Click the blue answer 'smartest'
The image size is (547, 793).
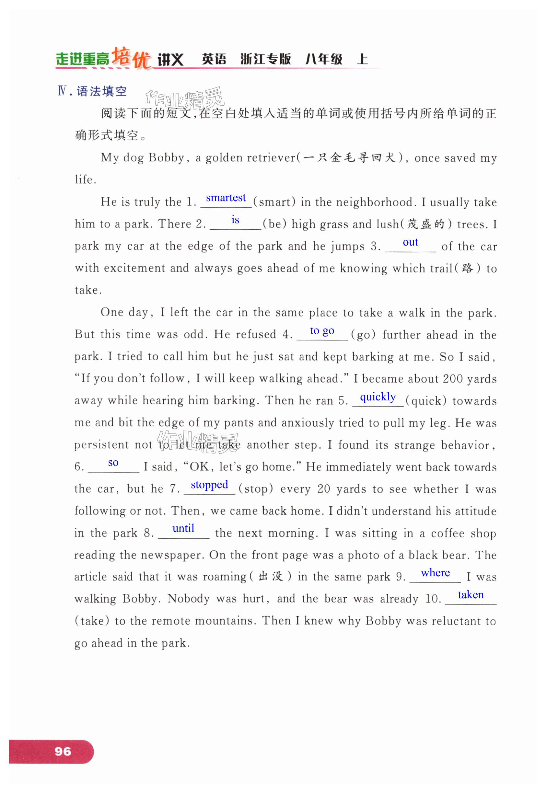click(226, 198)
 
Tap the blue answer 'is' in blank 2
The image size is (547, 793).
click(235, 220)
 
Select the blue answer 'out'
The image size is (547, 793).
click(410, 242)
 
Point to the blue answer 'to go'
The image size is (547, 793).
click(322, 330)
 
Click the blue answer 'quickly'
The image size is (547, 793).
click(378, 397)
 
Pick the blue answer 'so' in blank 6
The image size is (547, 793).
click(113, 463)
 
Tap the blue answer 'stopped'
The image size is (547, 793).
click(209, 485)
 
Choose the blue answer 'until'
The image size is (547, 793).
click(183, 528)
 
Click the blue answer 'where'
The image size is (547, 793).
click(435, 572)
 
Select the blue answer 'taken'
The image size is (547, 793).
click(471, 595)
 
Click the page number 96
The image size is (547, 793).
click(63, 752)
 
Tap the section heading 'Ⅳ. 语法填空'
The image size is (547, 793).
click(92, 91)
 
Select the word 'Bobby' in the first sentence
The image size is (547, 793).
click(167, 158)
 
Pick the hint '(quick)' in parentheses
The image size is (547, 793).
click(426, 401)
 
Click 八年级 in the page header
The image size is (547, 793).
click(324, 59)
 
